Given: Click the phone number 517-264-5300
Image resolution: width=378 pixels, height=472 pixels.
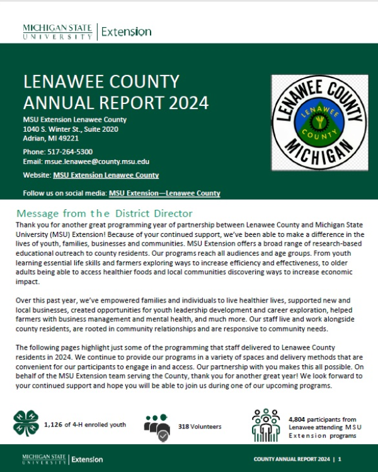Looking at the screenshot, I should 70,152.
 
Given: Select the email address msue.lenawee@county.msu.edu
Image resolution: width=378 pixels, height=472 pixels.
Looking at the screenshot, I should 95,161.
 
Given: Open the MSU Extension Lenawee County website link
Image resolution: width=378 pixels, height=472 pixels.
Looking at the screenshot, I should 106,175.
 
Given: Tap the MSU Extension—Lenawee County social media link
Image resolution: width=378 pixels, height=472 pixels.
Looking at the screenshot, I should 164,194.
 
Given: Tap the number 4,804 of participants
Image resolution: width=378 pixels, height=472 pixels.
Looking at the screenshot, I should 299,418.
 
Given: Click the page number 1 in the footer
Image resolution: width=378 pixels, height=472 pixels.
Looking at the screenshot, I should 340,459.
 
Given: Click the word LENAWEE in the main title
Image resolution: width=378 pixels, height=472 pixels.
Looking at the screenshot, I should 67,83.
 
